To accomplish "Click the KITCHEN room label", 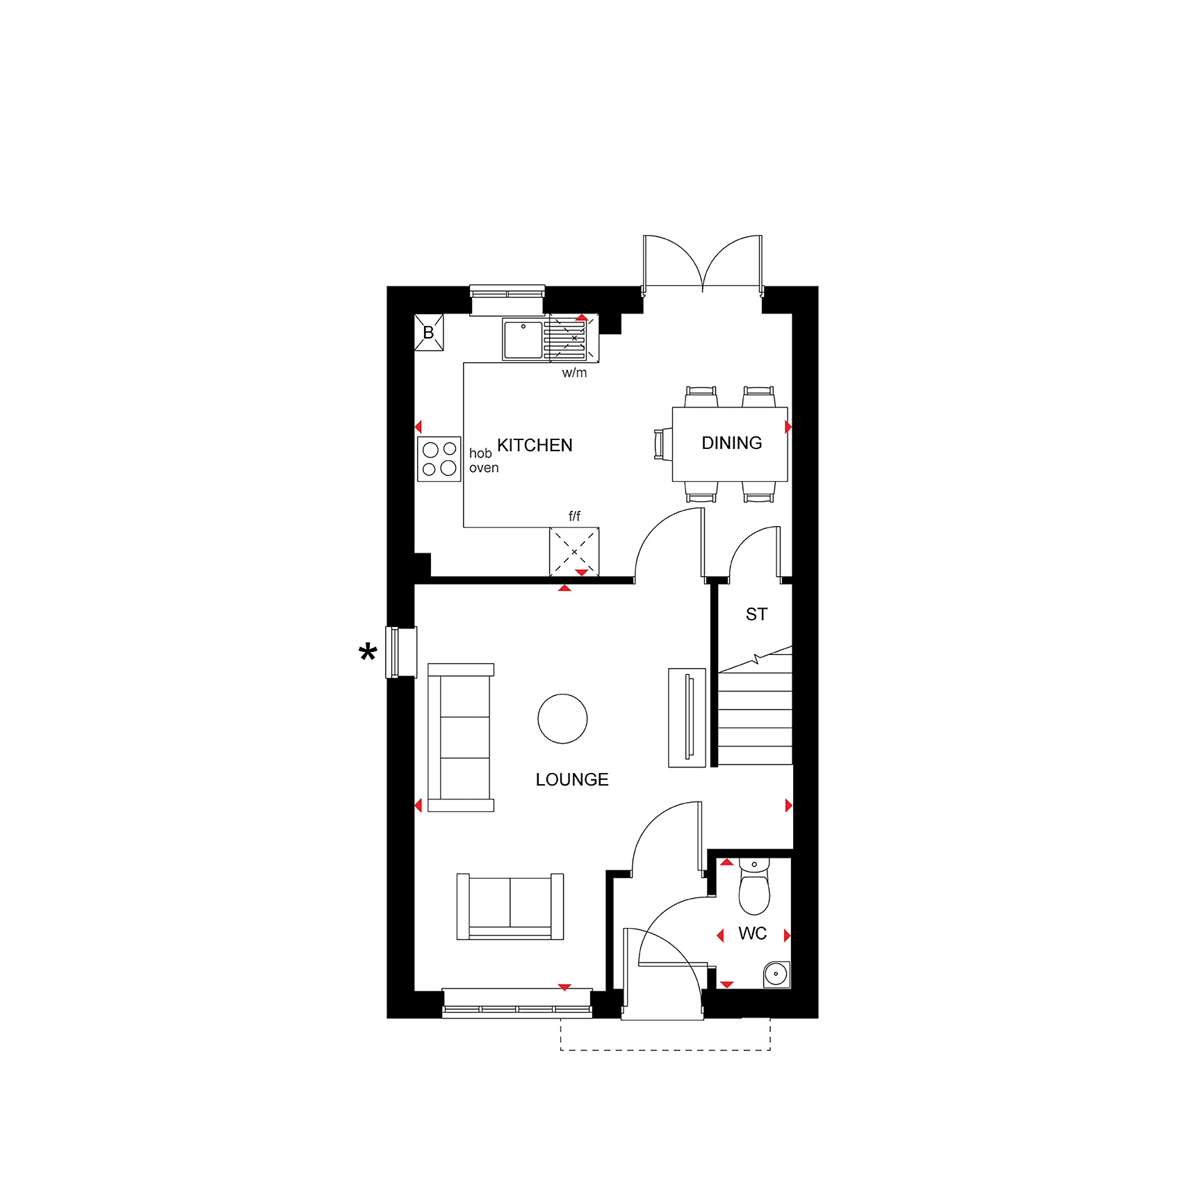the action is [535, 445].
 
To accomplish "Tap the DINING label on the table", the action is [731, 443].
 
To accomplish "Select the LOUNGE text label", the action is [572, 779].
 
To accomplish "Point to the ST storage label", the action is [756, 614].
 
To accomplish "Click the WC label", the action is [752, 934].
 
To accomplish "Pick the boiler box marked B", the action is [429, 332].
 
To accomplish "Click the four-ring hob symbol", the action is [439, 459].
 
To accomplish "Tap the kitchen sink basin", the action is [523, 340].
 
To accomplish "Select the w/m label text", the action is [574, 373].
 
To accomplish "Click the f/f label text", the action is [574, 516].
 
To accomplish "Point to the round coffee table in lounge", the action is [562, 719].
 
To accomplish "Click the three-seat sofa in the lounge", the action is [461, 738].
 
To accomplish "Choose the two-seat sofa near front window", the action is [510, 906].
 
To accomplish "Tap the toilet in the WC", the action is [754, 886].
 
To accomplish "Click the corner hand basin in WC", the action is [776, 974].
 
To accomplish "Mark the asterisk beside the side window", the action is [368, 653].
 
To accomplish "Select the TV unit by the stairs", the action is [687, 717].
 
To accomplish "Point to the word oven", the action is [484, 468].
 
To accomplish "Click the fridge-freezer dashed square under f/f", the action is [574, 552].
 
